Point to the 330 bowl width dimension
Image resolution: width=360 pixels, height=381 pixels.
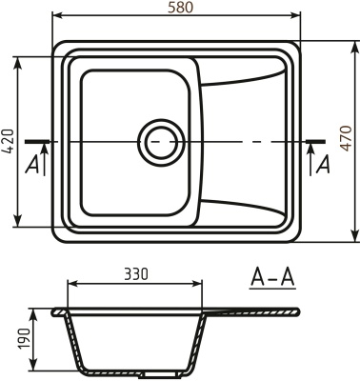(136, 274)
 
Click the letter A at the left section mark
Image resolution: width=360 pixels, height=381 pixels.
(32, 165)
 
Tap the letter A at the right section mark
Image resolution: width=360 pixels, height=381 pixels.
(324, 165)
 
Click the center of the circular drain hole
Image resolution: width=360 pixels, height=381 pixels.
(159, 143)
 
